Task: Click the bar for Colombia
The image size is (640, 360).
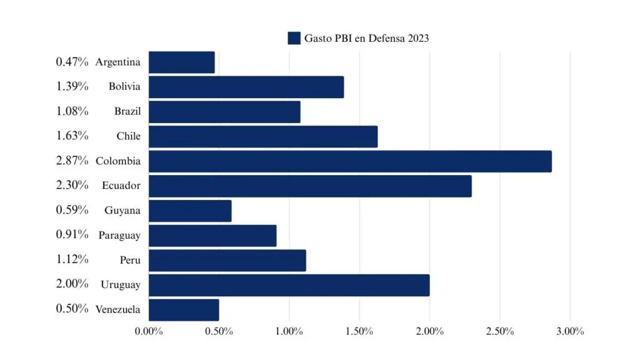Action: [x=350, y=161]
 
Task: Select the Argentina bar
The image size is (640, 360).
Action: [x=182, y=62]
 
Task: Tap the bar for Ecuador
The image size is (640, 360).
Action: [x=310, y=186]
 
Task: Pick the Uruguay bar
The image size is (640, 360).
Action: [x=289, y=285]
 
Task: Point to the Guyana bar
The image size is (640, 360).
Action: [x=190, y=211]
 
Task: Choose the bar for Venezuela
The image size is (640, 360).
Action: [x=184, y=310]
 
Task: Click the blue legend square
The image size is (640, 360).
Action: [x=294, y=38]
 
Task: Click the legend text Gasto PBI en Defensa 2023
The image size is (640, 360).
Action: [x=366, y=38]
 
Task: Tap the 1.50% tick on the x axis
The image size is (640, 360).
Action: [x=359, y=331]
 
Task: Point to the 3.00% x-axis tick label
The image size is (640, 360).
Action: [x=569, y=331]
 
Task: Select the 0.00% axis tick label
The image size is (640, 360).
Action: [x=149, y=331]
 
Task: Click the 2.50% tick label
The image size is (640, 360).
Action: [x=499, y=331]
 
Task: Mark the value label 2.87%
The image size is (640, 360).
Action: [x=72, y=161]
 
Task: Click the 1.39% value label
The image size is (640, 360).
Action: [x=72, y=86]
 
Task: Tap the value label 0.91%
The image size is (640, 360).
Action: [x=72, y=235]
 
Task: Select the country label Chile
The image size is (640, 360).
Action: [x=128, y=136]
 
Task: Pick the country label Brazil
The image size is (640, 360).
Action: [x=127, y=111]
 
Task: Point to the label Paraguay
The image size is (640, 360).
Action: [x=119, y=236]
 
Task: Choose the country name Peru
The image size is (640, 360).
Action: [x=130, y=260]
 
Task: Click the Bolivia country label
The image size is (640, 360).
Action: [x=124, y=87]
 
